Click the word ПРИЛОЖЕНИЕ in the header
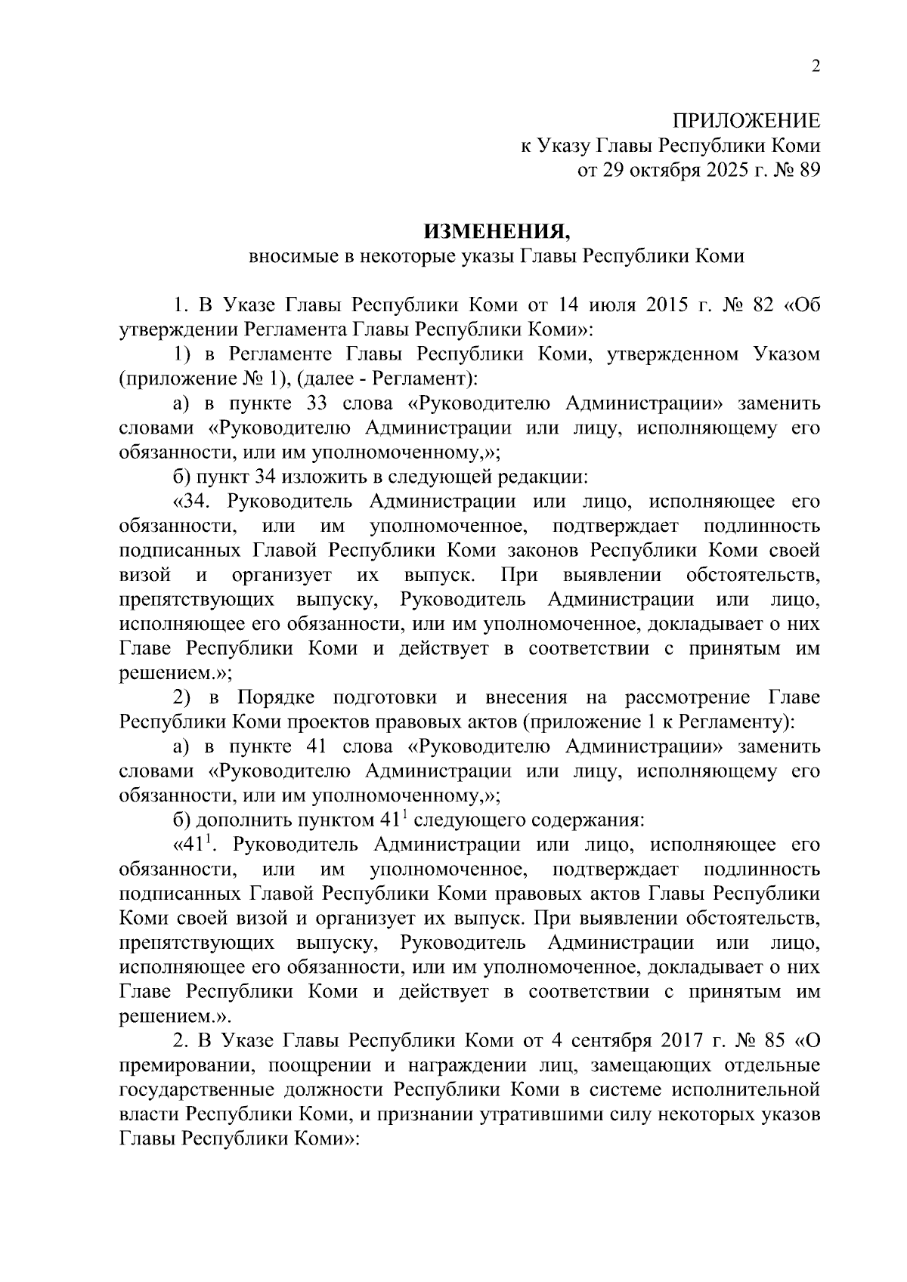(746, 122)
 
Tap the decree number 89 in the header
(808, 170)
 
